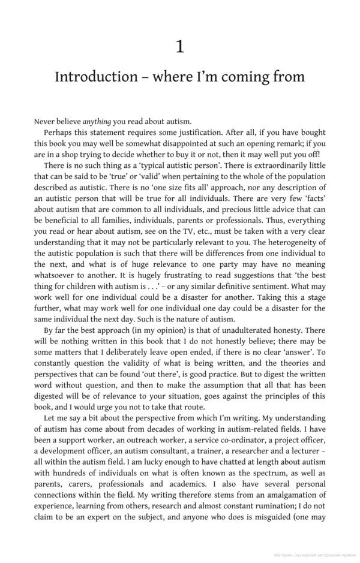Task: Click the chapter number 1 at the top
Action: point(180,47)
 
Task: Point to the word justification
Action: point(205,133)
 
